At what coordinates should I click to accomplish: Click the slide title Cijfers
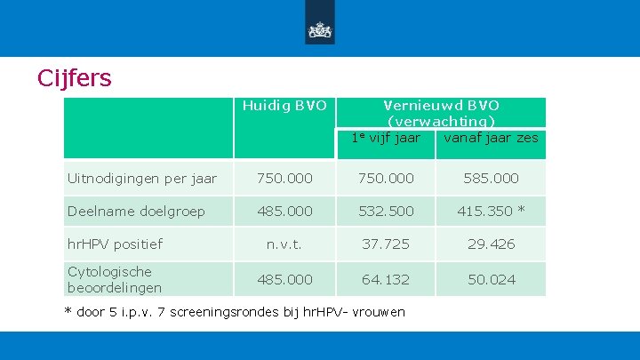(75, 77)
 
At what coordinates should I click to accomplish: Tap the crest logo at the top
(320, 30)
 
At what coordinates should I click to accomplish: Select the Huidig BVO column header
(284, 106)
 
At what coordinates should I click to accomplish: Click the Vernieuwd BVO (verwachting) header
(441, 113)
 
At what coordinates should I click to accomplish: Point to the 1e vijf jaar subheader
(386, 138)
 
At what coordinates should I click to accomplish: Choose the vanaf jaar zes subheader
(491, 138)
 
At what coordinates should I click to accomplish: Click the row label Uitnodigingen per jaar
(142, 179)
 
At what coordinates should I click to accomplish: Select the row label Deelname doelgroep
(136, 212)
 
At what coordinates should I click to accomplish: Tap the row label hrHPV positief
(115, 244)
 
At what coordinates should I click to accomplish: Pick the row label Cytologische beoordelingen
(115, 280)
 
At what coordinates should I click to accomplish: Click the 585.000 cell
(491, 179)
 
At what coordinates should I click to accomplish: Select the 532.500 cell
(386, 211)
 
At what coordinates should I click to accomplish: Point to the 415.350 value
(485, 211)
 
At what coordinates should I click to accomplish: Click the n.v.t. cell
(284, 244)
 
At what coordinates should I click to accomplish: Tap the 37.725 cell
(386, 244)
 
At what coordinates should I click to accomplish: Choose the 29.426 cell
(491, 244)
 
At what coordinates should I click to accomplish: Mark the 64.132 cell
(386, 280)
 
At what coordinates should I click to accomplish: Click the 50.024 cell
(492, 280)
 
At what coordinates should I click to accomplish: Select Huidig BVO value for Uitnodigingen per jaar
(284, 179)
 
